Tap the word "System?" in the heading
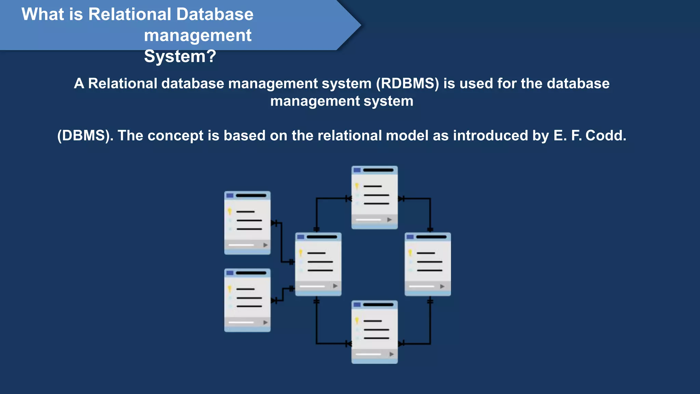coord(180,56)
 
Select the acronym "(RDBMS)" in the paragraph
coord(407,83)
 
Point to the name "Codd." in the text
coord(606,135)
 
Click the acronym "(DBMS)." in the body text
coord(85,135)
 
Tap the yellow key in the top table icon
coord(357,186)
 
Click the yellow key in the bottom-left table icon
coord(230,289)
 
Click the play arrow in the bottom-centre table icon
coord(392,354)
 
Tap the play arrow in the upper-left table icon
coord(265,245)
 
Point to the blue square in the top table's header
coord(357,170)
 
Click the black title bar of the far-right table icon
coord(431,237)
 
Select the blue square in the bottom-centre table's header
coord(357,304)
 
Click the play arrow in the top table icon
coord(389,220)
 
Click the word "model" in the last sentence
coord(407,135)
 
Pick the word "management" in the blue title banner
coord(198,36)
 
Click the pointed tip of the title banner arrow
coord(360,25)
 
